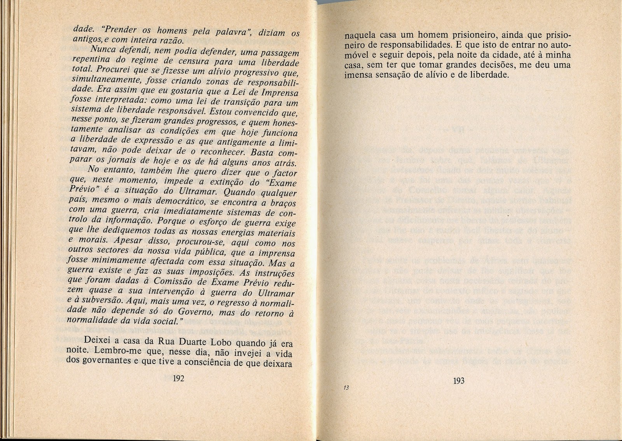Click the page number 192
(178, 379)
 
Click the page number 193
(459, 381)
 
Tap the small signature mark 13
(346, 388)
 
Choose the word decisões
(500, 65)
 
